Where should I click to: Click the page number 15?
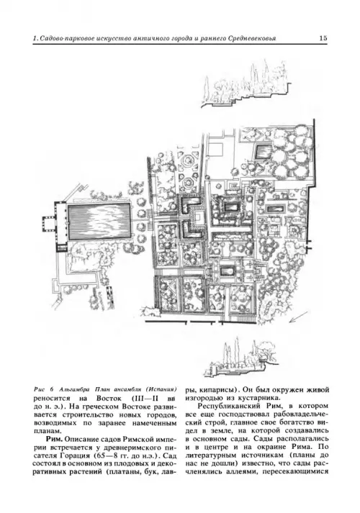pyautogui.click(x=323, y=38)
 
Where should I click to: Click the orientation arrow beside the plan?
pyautogui.click(x=298, y=317)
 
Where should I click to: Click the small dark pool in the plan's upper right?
pyautogui.click(x=264, y=152)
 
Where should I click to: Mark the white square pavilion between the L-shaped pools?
pyautogui.click(x=198, y=217)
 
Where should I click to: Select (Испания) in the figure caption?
pyautogui.click(x=162, y=390)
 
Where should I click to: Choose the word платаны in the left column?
pyautogui.click(x=122, y=473)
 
